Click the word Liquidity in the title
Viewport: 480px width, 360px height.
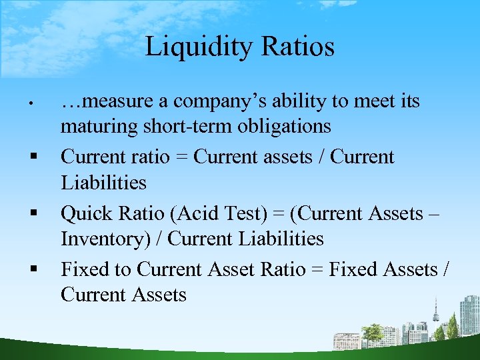pyautogui.click(x=193, y=47)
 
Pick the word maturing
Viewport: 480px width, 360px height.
pyautogui.click(x=91, y=127)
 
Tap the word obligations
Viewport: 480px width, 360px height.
pyautogui.click(x=275, y=127)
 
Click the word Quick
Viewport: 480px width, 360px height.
pyautogui.click(x=83, y=213)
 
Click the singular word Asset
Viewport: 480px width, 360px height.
pyautogui.click(x=233, y=269)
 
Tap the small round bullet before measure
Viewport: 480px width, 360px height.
pyautogui.click(x=31, y=103)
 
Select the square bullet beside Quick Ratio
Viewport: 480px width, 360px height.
pyautogui.click(x=31, y=214)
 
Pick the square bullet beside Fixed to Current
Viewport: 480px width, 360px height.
pyautogui.click(x=31, y=270)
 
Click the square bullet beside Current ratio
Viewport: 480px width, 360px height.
pyautogui.click(x=31, y=158)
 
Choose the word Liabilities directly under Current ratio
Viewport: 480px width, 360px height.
pyautogui.click(x=103, y=183)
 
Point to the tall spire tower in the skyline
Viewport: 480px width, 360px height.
pyautogui.click(x=436, y=313)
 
